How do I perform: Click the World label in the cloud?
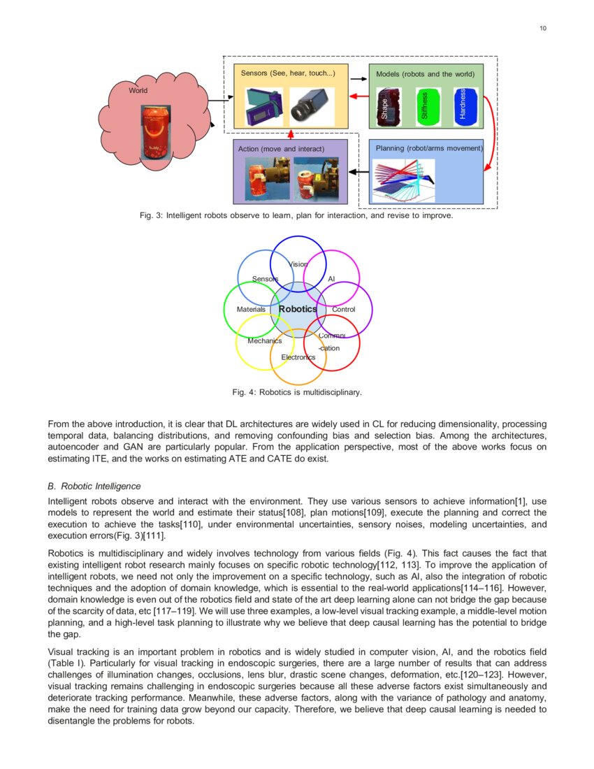coord(138,90)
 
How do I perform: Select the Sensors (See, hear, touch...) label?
coord(288,73)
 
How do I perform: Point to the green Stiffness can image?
coord(426,107)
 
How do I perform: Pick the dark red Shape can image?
coord(386,107)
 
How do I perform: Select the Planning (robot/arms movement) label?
coord(429,148)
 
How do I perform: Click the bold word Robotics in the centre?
coord(298,309)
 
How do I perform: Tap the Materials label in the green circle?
coord(251,309)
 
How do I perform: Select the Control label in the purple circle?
coord(343,309)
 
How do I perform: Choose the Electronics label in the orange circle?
coord(298,357)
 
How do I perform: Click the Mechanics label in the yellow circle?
coord(264,340)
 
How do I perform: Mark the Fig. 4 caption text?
coord(297,393)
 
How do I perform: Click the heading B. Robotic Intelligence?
coord(94,486)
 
